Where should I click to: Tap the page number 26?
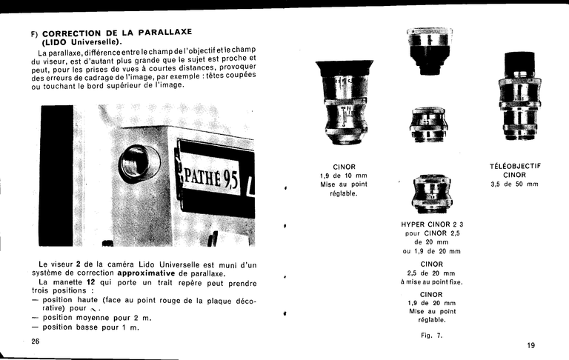(36, 341)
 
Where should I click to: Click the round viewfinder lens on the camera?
(139, 163)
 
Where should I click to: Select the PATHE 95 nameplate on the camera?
(212, 177)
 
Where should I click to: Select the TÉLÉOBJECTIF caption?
(515, 166)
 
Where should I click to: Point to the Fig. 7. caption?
(430, 336)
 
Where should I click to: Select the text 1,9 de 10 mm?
(344, 176)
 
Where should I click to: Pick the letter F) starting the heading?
(34, 33)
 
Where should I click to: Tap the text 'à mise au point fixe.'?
(431, 281)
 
